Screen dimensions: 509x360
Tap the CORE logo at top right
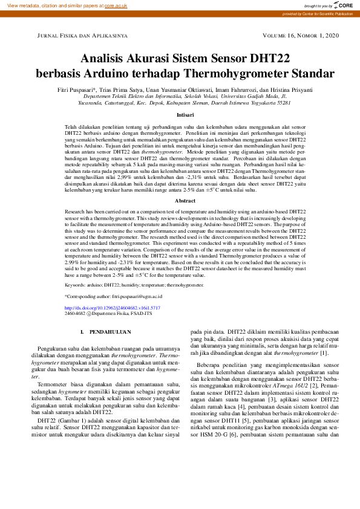[342, 5]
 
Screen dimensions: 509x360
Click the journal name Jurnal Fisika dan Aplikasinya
[82, 36]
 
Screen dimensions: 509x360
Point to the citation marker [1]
[324, 353]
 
